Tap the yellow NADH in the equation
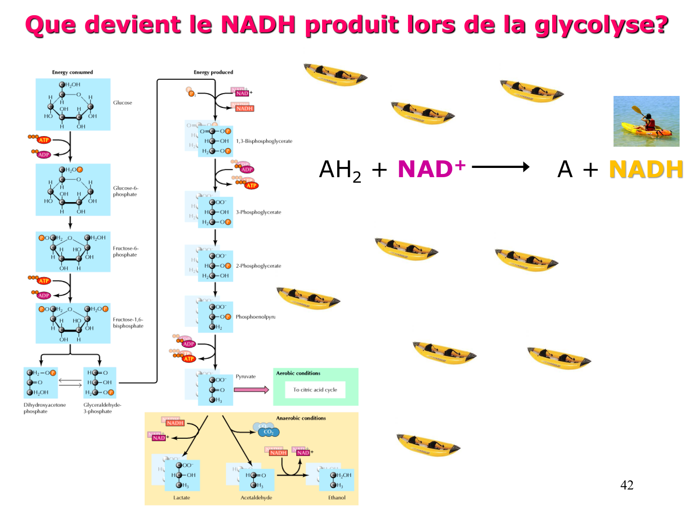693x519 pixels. point(646,169)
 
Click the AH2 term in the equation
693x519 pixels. point(340,170)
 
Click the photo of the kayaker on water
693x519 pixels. point(646,121)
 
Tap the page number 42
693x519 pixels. point(626,485)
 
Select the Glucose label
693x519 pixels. point(122,102)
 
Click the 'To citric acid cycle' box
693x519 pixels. point(315,390)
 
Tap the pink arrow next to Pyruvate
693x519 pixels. point(251,390)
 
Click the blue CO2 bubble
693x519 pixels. point(267,431)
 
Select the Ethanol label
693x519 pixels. point(337,497)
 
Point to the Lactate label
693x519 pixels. point(182,497)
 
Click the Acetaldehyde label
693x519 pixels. point(256,497)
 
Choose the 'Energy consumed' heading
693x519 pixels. point(73,72)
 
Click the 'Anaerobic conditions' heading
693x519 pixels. point(301,418)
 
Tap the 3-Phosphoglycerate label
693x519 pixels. point(258,212)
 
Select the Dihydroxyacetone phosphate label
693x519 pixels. point(45,408)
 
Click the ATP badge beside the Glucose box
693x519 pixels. point(44,140)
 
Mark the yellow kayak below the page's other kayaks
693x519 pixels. point(428,444)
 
